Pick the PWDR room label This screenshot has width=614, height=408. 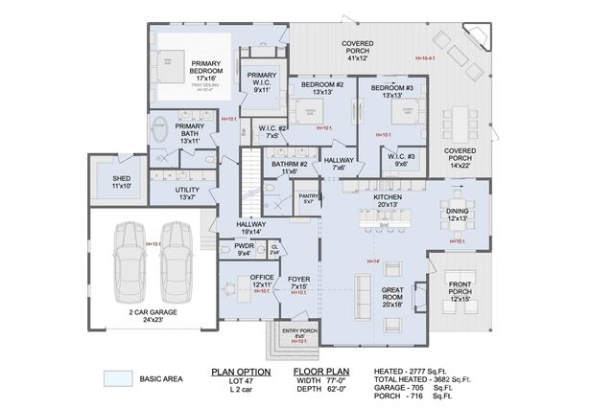244,249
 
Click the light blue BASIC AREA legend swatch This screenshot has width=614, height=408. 117,379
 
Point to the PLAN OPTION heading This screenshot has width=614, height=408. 240,371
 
